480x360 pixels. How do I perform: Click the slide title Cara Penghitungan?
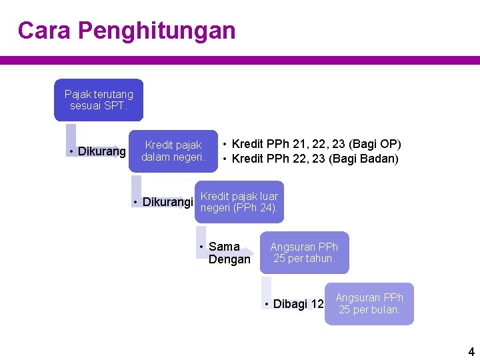point(127,31)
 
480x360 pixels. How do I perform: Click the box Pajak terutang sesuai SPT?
point(99,100)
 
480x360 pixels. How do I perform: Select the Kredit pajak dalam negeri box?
point(173,151)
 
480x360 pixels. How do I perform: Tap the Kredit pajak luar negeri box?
point(239,203)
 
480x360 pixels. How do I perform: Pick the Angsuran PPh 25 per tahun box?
point(304,253)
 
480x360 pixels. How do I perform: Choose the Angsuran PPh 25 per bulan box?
point(369,304)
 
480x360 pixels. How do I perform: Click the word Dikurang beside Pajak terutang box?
point(101,151)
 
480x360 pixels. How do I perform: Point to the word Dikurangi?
point(167,202)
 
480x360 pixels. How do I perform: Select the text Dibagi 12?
point(298,304)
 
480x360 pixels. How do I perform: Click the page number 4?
point(471,351)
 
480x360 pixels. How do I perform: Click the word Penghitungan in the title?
point(157,31)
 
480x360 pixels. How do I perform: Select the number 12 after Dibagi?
point(317,304)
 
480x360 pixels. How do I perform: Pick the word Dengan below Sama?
point(229,259)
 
